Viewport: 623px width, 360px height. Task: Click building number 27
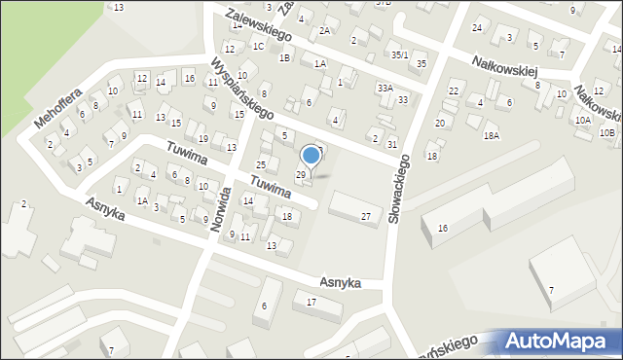(366, 216)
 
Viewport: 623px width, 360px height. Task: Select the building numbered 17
(311, 303)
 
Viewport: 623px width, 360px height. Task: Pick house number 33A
(385, 89)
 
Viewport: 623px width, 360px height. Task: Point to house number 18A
(491, 135)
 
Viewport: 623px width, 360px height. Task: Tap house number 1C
(258, 46)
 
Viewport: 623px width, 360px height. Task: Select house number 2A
(325, 30)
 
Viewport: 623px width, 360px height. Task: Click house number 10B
(606, 131)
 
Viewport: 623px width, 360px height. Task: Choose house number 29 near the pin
(301, 174)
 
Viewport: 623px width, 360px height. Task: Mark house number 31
(391, 144)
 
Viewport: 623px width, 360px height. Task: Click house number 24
(477, 27)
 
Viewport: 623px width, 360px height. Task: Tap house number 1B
(284, 58)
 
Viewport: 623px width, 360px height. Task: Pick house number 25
(261, 163)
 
